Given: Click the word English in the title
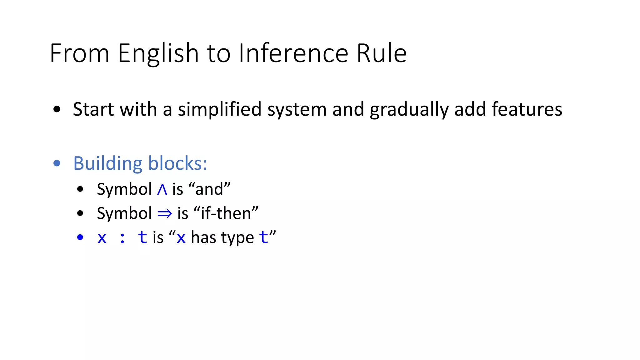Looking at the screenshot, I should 158,53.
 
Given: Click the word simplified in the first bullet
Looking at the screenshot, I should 219,109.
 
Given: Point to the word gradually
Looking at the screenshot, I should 409,109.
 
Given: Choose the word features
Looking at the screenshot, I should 527,109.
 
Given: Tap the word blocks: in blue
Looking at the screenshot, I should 177,163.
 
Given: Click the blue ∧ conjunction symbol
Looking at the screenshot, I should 162,189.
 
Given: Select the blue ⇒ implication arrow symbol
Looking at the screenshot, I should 165,214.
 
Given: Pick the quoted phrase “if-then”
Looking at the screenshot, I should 226,213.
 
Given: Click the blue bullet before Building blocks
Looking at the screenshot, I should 57,163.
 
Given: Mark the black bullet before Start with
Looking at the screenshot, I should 57,109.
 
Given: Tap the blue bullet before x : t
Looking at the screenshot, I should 80,237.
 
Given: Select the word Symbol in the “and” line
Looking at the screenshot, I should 124,189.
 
